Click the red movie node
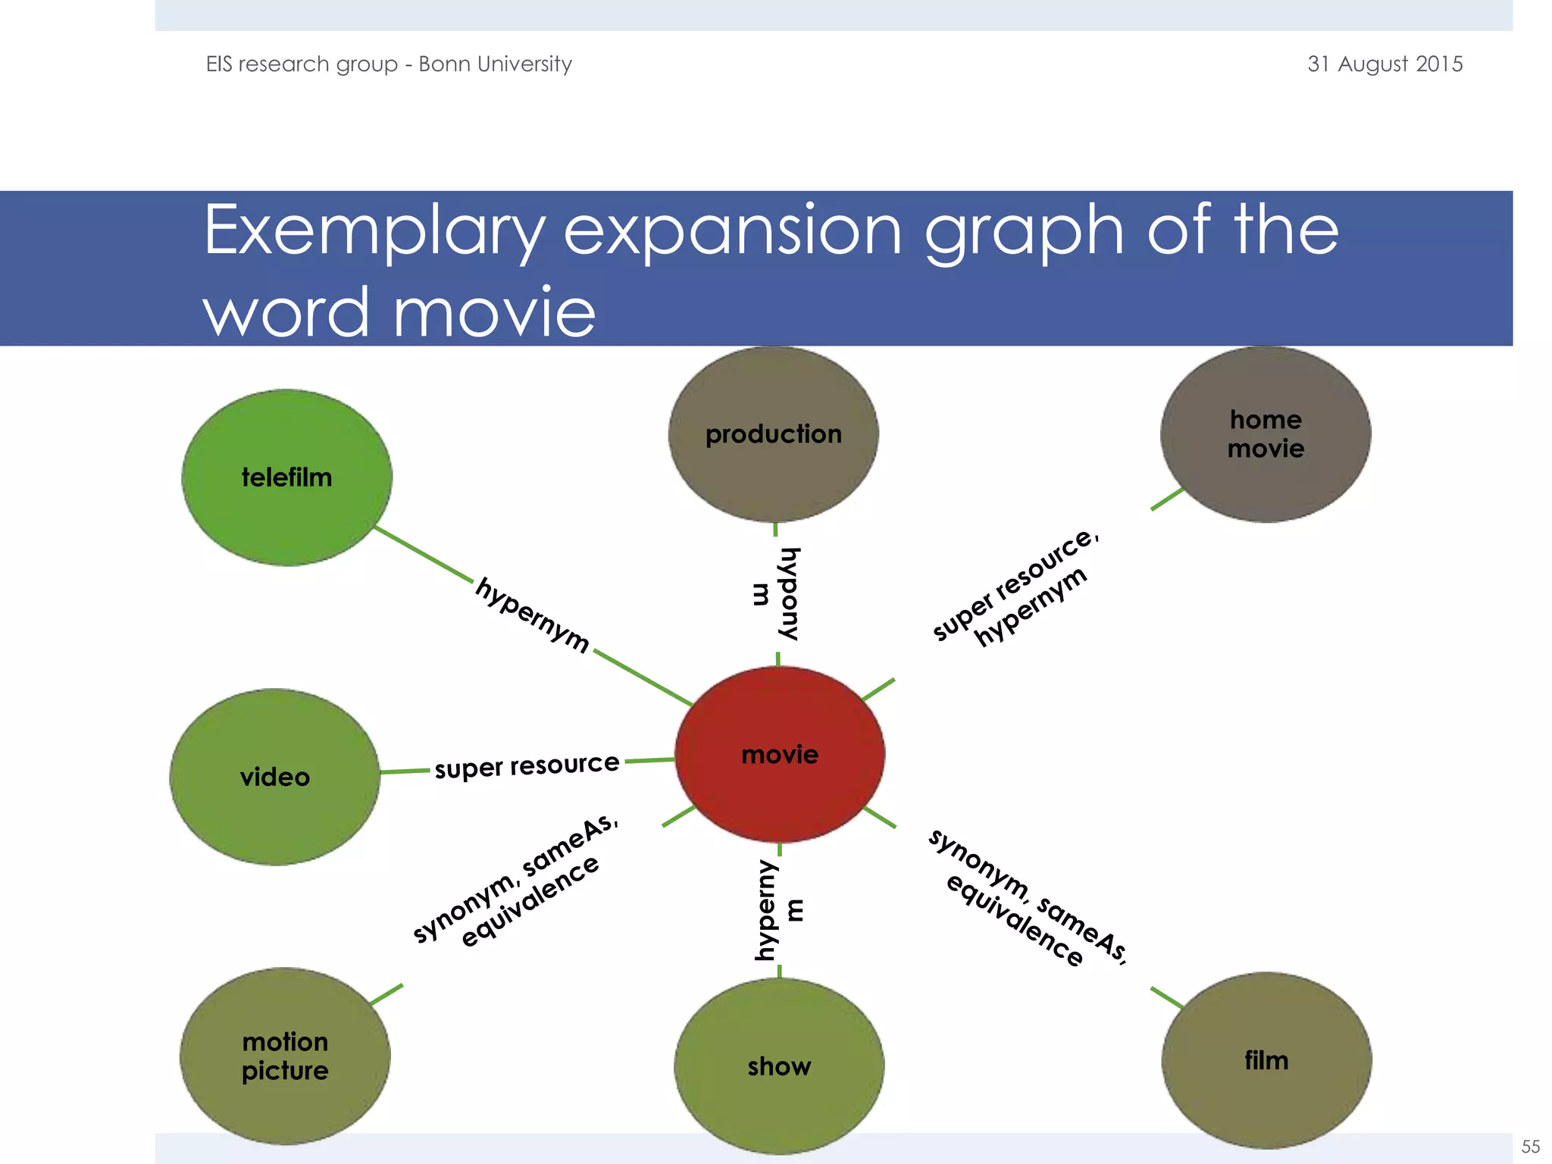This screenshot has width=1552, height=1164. click(780, 755)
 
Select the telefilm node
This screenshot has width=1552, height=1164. click(287, 477)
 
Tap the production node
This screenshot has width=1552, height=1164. click(774, 434)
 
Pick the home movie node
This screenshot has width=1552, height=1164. click(1266, 434)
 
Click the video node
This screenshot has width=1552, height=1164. click(275, 777)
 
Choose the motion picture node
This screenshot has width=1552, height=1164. click(285, 1056)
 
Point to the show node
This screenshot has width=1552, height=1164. click(779, 1066)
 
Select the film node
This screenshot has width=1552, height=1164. click(1266, 1060)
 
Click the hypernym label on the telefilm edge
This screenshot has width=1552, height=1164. click(533, 615)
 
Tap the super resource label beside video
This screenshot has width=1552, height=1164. click(527, 765)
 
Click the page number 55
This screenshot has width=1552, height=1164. click(1530, 1147)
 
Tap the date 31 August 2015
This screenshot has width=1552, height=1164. click(1385, 64)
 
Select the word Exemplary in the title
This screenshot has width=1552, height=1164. click(374, 230)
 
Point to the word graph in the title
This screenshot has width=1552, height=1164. click(1024, 232)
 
